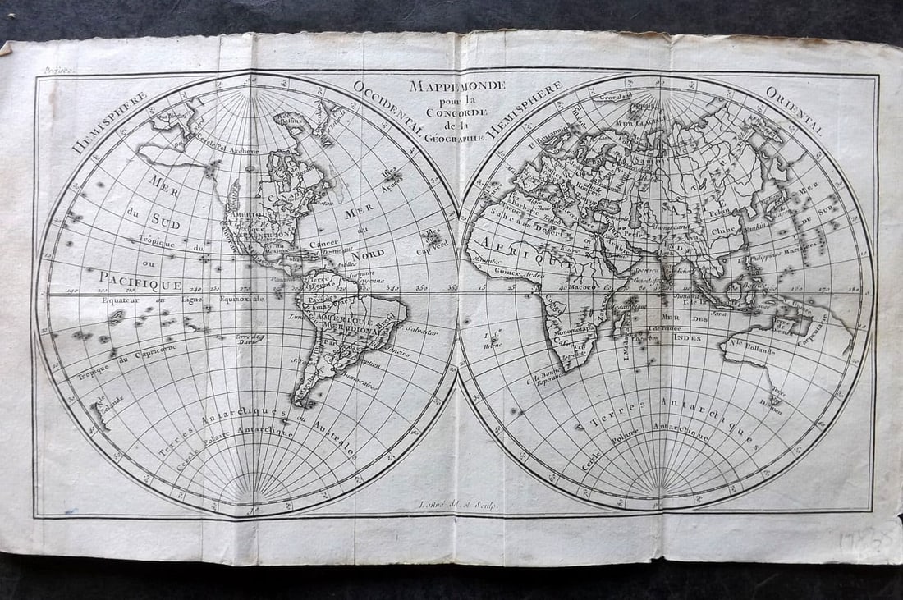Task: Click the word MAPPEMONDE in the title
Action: click(458, 85)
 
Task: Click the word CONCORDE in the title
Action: click(458, 112)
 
